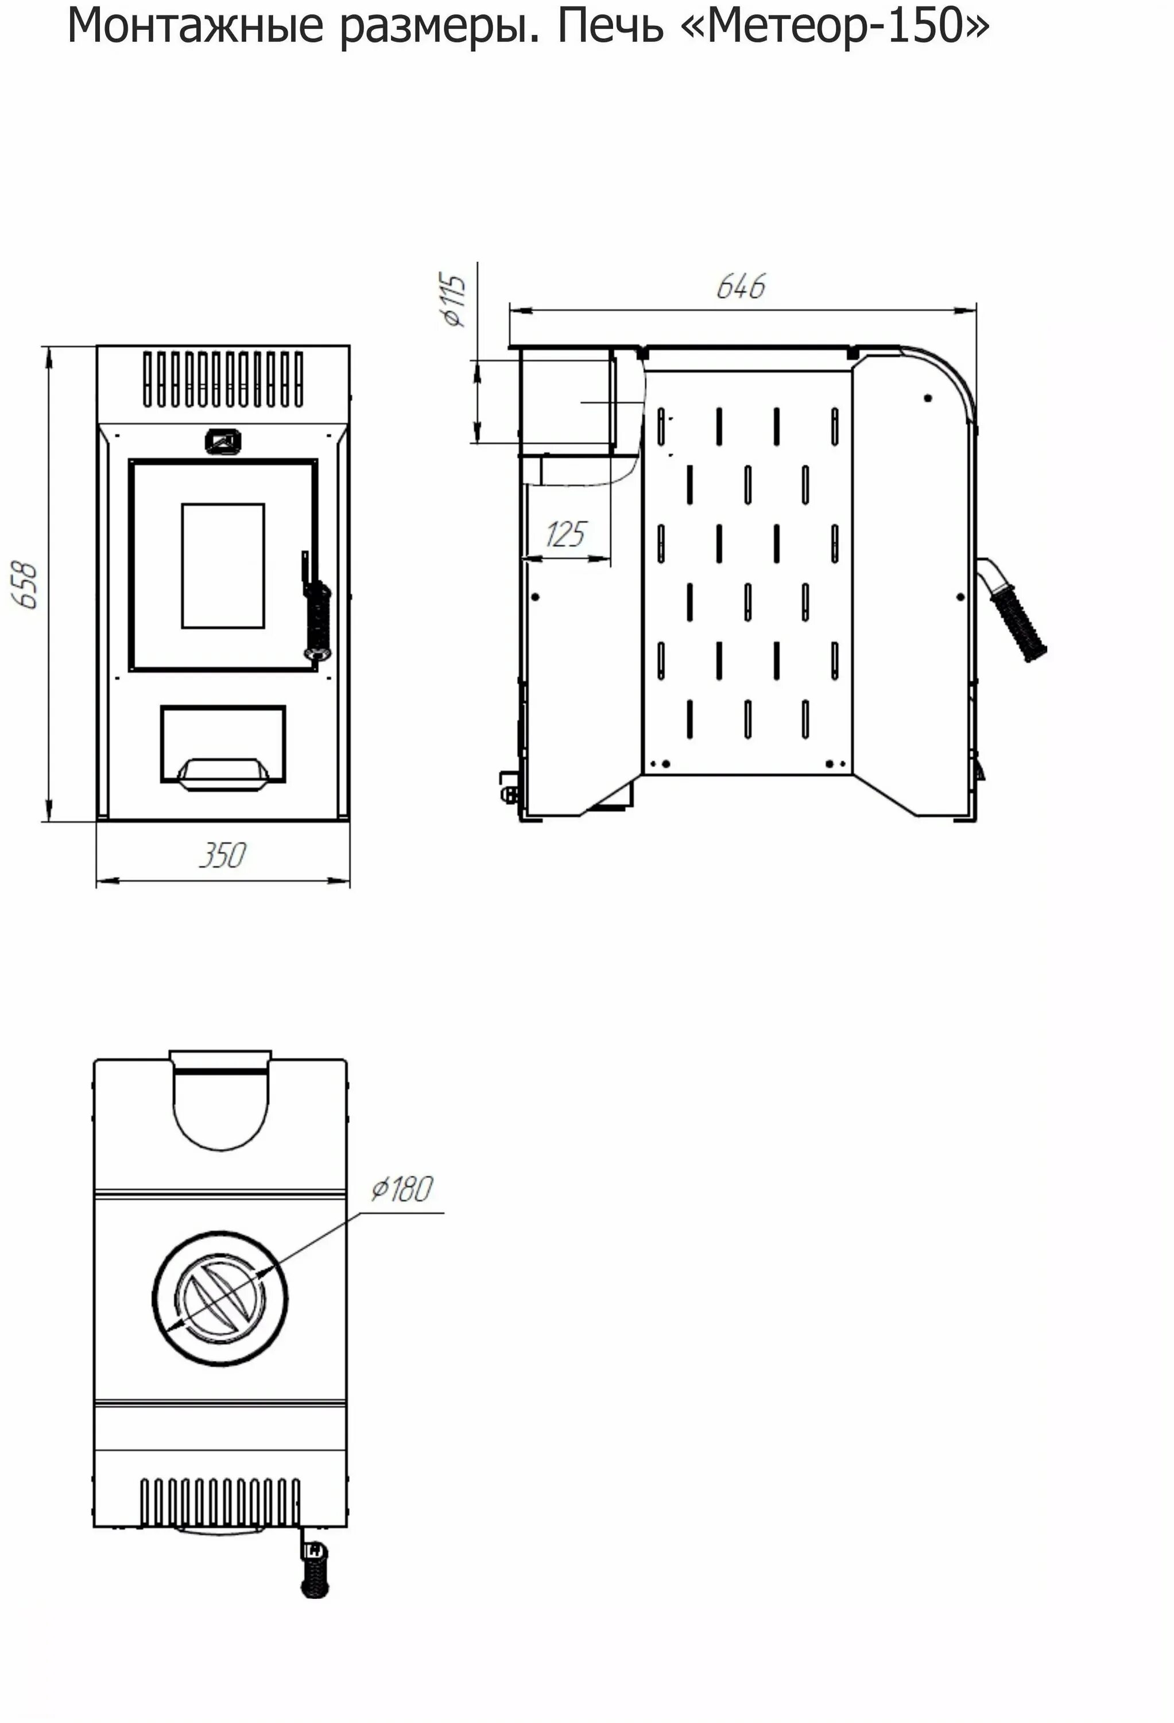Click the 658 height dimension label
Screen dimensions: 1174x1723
(26, 586)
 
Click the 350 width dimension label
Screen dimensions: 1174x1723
(222, 856)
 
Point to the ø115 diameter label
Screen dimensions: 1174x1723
(453, 300)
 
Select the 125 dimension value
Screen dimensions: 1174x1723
(566, 534)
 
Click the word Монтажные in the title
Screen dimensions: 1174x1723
(196, 26)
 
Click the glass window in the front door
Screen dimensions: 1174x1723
(223, 566)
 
